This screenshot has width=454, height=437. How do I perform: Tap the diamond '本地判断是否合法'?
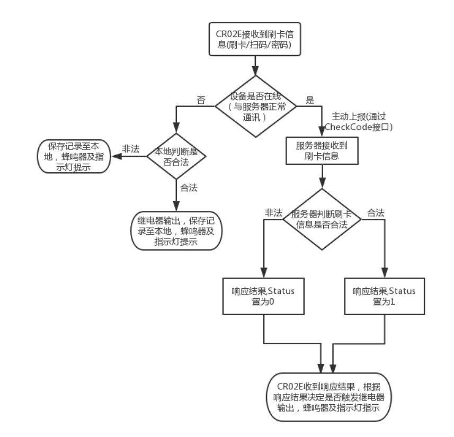(x=175, y=157)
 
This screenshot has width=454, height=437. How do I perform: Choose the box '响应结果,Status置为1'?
(x=384, y=297)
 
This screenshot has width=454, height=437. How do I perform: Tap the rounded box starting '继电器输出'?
(x=175, y=231)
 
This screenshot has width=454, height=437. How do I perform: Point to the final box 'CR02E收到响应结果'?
(x=326, y=399)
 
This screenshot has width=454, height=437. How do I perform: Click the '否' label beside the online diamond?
(x=201, y=100)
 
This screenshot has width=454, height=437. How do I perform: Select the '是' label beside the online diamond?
(x=310, y=100)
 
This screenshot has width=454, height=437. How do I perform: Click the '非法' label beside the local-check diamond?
(x=130, y=149)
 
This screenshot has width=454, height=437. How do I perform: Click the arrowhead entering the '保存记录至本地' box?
(x=113, y=157)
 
